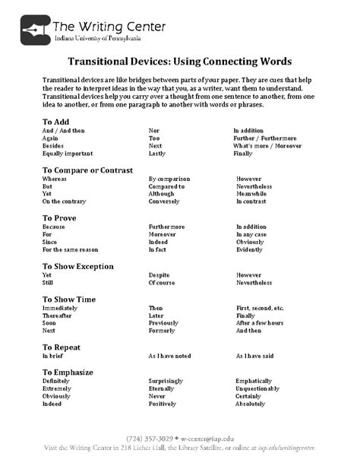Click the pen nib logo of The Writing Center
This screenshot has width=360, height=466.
[33, 27]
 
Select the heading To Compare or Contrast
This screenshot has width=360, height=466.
[87, 170]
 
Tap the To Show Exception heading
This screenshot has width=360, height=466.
[78, 266]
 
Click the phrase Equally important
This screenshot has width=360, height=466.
[67, 153]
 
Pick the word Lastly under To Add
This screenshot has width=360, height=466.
[157, 153]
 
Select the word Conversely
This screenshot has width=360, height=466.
[164, 201]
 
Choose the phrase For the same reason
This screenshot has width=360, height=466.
[70, 249]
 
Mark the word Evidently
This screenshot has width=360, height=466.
[251, 249]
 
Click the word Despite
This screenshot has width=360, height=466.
[159, 274]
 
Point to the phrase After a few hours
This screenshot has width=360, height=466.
[261, 323]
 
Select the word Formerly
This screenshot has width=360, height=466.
[163, 331]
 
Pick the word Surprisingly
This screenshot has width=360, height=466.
[168, 379]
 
